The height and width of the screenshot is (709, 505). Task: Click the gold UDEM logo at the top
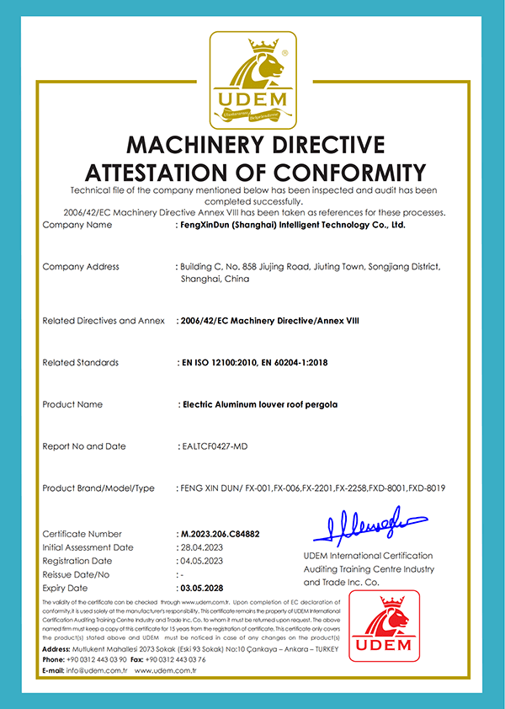252,78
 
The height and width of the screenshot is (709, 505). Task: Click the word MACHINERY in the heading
205,144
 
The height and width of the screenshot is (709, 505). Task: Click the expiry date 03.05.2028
203,588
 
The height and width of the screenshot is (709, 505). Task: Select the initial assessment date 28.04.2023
202,547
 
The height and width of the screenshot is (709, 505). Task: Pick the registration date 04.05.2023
202,561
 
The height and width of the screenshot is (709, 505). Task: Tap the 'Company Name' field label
77,226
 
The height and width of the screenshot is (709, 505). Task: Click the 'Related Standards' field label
80,363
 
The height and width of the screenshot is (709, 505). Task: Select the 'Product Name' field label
72,404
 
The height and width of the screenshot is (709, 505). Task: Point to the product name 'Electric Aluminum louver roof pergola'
260,404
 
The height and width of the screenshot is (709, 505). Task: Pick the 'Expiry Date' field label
65,588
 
